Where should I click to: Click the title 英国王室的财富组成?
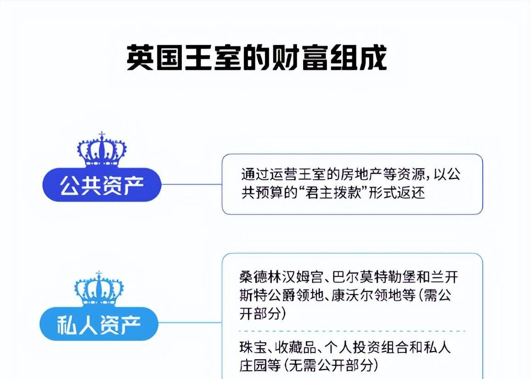[x=257, y=58]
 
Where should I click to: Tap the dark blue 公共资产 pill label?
[x=102, y=185]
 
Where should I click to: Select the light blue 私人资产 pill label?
[x=99, y=323]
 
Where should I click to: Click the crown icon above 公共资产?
[x=102, y=149]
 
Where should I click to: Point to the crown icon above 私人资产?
[x=99, y=289]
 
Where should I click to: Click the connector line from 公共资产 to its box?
[x=192, y=185]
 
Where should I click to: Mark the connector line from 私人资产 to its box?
[x=190, y=322]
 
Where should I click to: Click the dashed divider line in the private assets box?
[x=352, y=331]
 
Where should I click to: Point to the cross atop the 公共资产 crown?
[x=102, y=135]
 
